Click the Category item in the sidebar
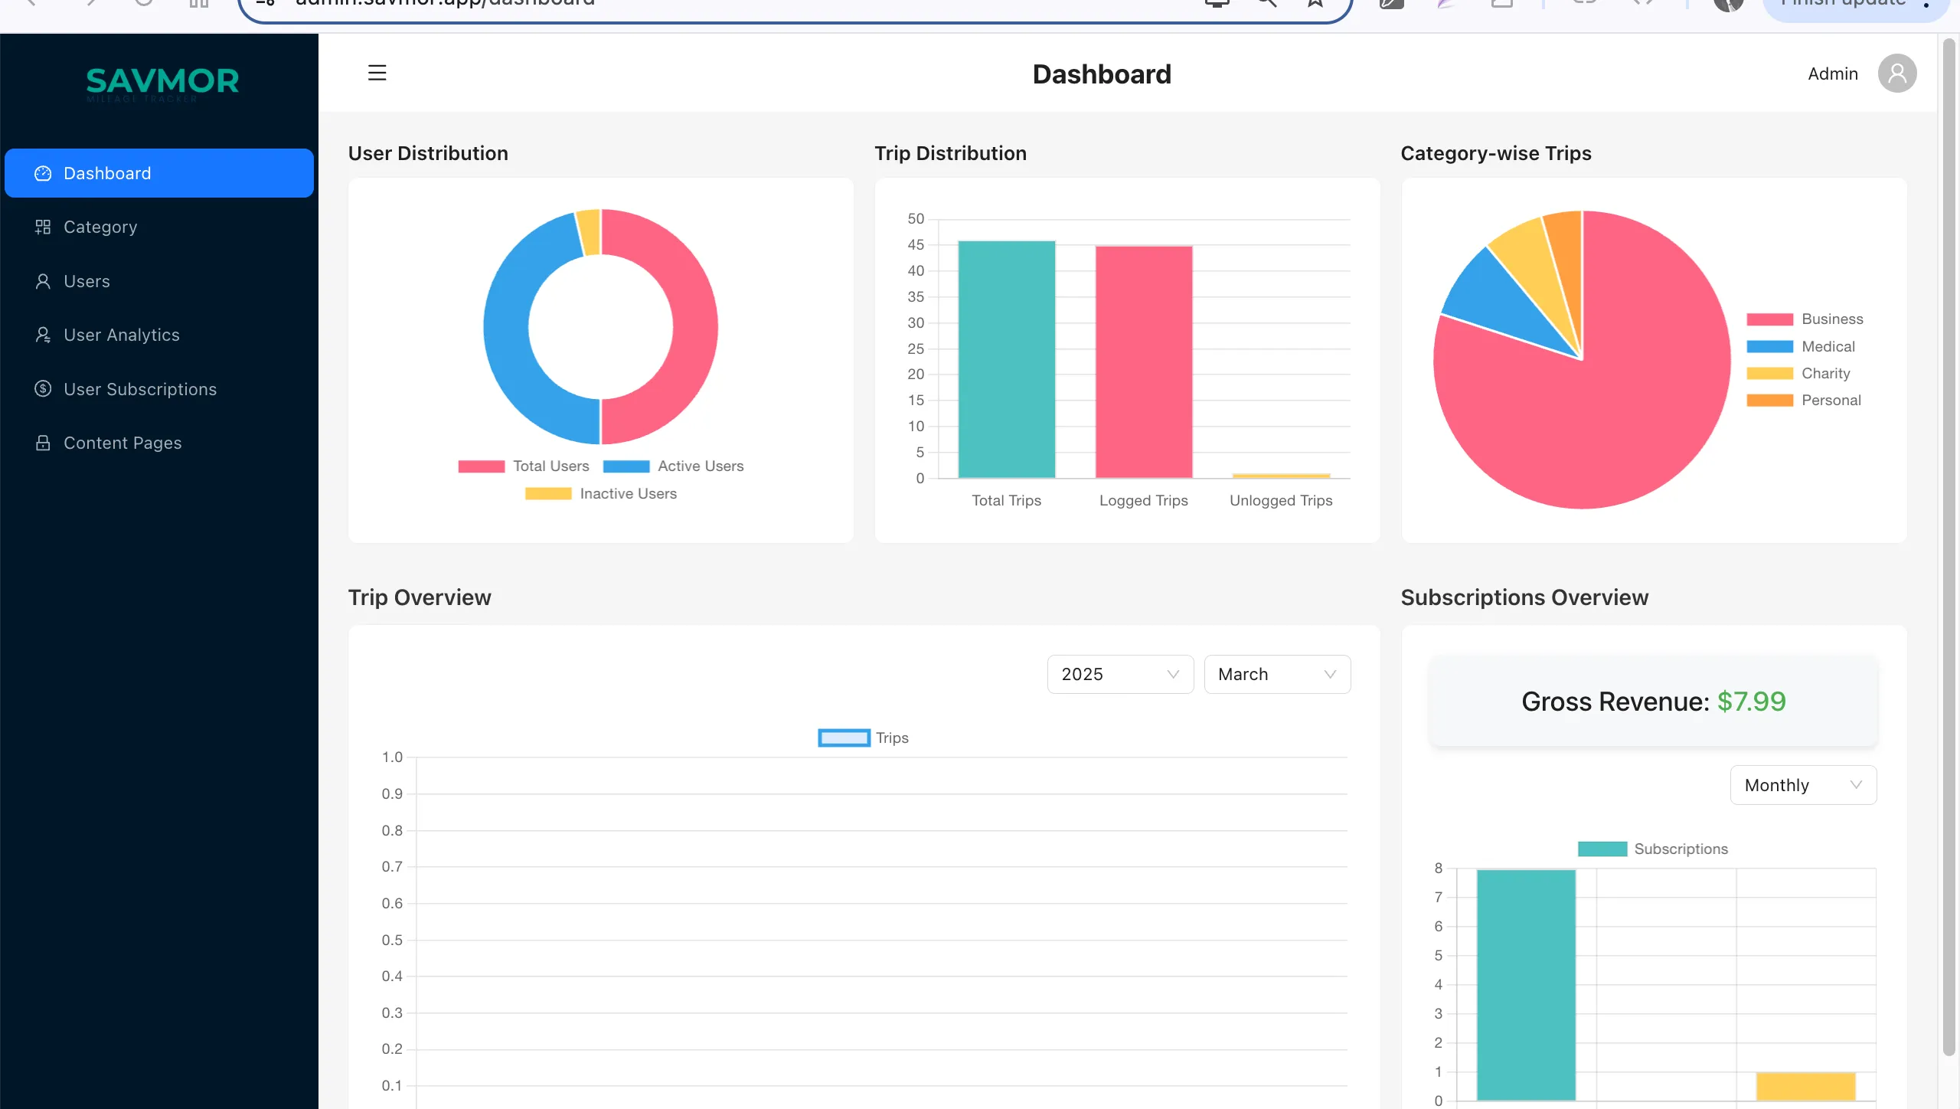coord(100,227)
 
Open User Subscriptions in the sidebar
coord(140,389)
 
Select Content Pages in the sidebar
coord(122,443)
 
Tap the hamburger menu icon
coord(377,74)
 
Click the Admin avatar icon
coord(1896,74)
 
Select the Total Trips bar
coord(1006,360)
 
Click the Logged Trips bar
coord(1143,362)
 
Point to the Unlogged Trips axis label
coord(1280,501)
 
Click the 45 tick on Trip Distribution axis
coord(916,245)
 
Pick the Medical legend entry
coord(1828,347)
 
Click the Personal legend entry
coord(1831,401)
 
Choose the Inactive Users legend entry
coord(628,494)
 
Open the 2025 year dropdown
coord(1119,674)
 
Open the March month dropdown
coord(1276,674)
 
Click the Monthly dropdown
coord(1802,785)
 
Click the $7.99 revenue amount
coord(1751,702)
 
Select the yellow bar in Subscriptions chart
coord(1805,1086)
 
